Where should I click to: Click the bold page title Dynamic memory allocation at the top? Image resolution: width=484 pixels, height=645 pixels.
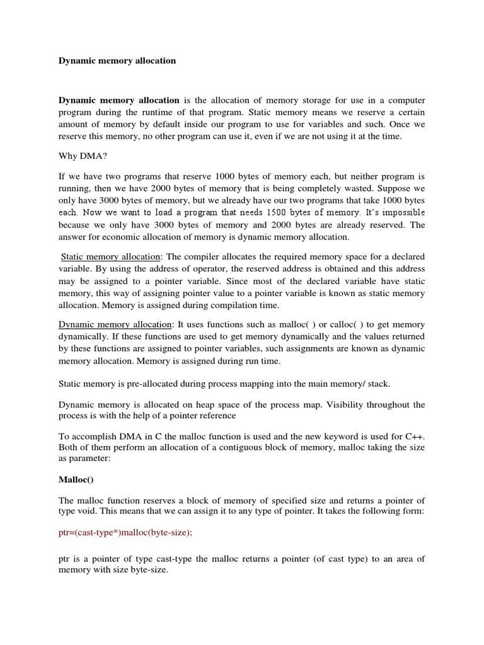pos(117,61)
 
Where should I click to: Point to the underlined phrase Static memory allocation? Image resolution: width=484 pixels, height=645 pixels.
pos(112,257)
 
